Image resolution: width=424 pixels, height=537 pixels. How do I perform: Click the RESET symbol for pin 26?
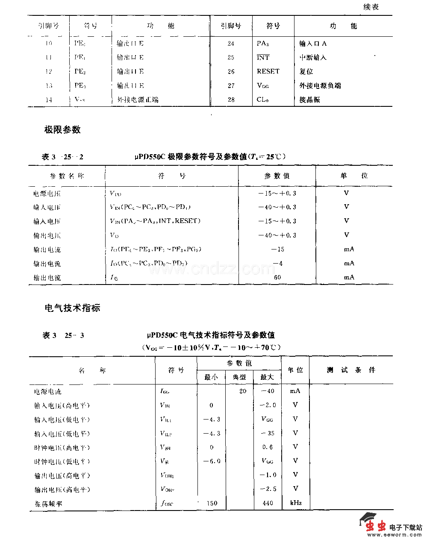point(268,71)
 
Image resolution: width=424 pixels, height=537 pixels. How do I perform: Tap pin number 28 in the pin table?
point(231,100)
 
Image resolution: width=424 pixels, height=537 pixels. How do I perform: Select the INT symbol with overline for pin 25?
point(263,57)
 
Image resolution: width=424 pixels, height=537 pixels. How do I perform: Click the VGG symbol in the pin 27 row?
point(263,85)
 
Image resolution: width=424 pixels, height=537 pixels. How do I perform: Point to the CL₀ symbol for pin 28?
point(262,100)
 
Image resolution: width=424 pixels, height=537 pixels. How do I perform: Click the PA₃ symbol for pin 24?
point(262,43)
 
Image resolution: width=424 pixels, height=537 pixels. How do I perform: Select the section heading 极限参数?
point(62,130)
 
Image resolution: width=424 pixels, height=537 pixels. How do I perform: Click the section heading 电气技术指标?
point(72,308)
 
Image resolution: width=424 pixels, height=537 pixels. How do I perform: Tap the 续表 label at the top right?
point(371,7)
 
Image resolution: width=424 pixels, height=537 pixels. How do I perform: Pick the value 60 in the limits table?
point(277,277)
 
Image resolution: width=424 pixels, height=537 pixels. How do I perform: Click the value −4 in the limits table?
point(277,263)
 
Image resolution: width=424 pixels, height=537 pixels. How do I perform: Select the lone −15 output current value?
point(277,249)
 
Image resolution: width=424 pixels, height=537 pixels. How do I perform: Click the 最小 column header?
point(211,377)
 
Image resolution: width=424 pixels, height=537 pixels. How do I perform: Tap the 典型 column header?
point(239,377)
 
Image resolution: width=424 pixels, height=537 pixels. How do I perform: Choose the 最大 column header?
point(267,377)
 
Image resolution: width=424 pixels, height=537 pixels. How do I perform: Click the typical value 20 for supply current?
point(243,391)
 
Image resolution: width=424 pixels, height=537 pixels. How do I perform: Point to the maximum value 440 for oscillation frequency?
point(268,503)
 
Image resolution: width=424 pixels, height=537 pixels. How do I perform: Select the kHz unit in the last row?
point(296,503)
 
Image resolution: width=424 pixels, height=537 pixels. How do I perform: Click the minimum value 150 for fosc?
point(212,503)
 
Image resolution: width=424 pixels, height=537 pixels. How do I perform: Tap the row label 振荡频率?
point(48,504)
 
